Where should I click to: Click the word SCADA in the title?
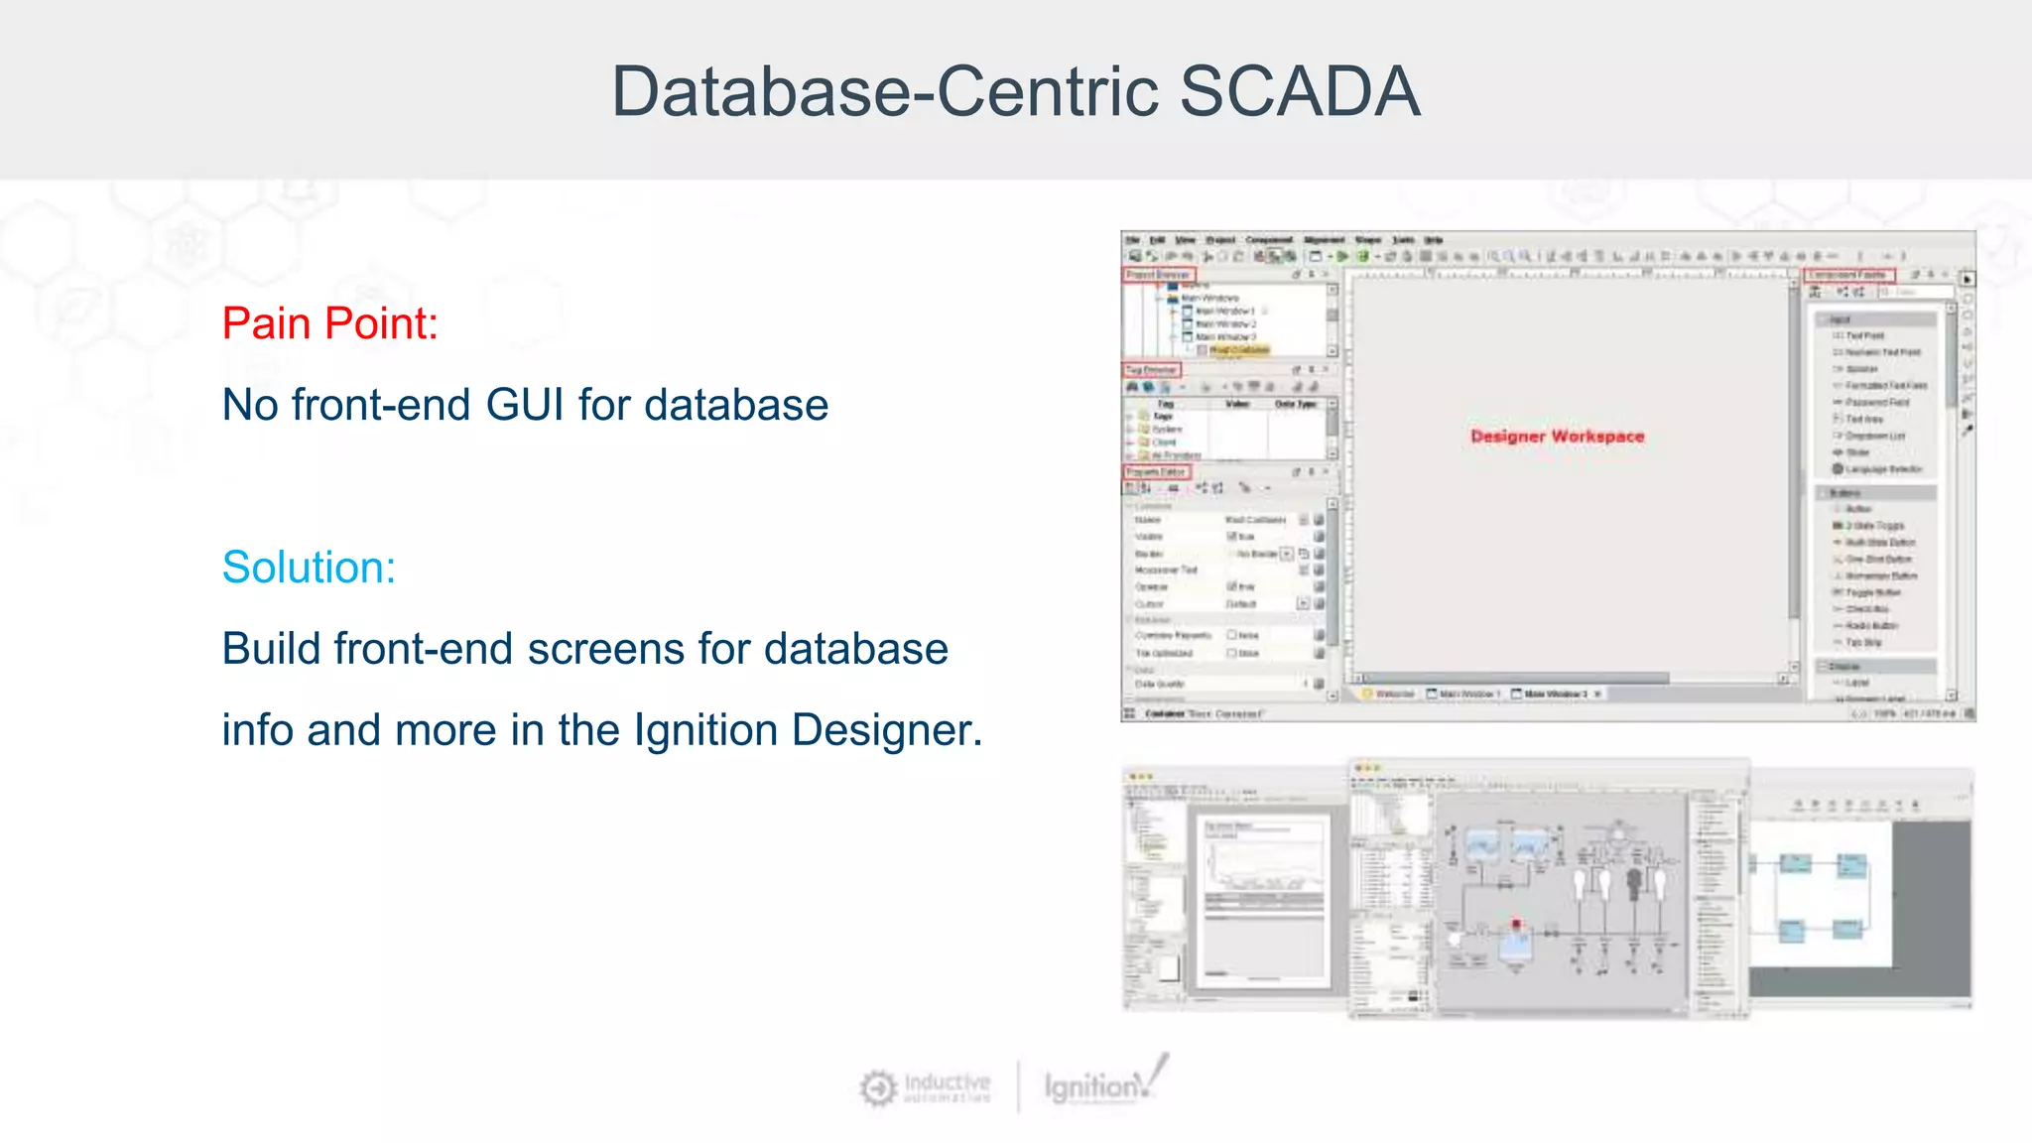pos(1300,92)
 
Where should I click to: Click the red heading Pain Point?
pos(329,323)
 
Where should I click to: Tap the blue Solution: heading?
pos(309,568)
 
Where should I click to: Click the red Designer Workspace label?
pos(1557,437)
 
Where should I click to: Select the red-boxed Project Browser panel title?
pos(1159,275)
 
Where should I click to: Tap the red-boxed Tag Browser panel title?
pos(1151,370)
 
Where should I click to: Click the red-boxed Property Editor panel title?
pos(1156,472)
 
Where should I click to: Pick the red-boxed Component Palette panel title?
pos(1849,275)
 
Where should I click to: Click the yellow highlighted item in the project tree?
pos(1239,350)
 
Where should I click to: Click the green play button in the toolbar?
pos(1342,256)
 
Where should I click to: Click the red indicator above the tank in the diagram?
pos(1516,925)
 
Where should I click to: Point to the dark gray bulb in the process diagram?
pos(1634,882)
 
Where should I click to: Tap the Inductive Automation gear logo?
pos(878,1088)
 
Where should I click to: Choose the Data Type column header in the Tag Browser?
pos(1295,404)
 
